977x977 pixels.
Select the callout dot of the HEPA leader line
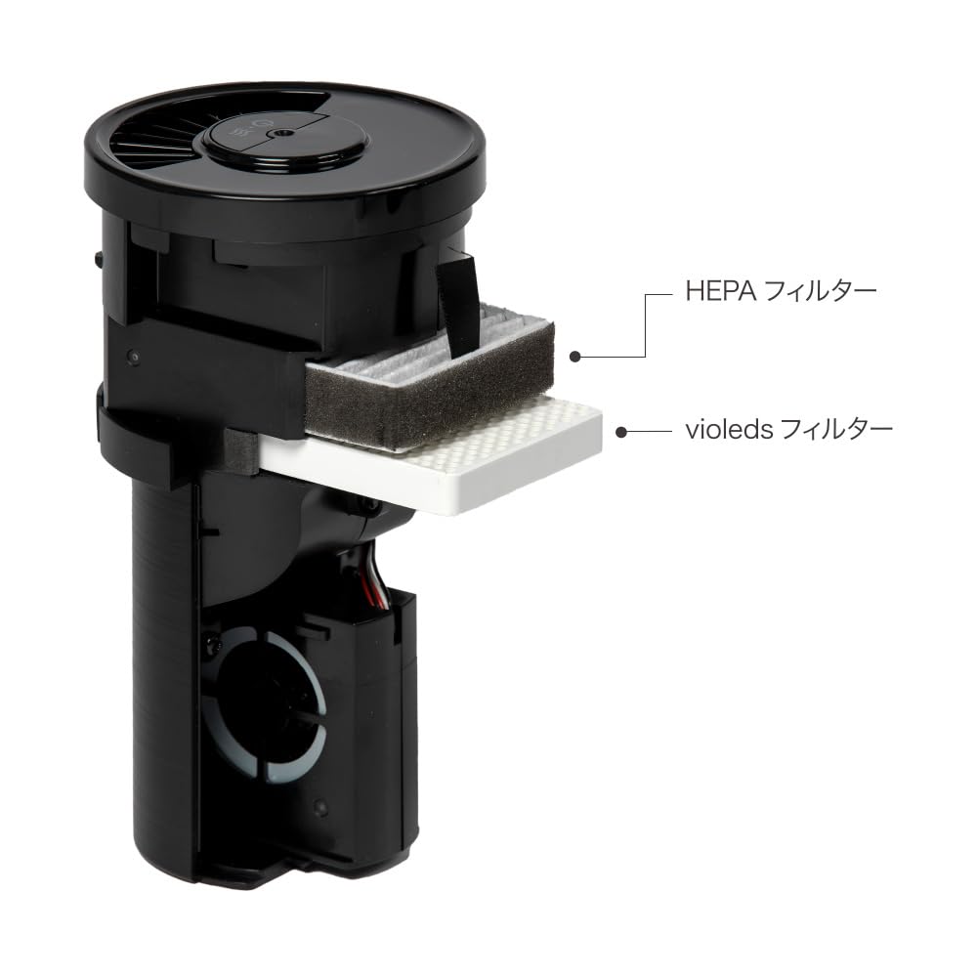pos(577,357)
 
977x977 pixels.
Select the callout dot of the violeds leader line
pos(621,429)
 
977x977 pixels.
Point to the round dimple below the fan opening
pos(319,809)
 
